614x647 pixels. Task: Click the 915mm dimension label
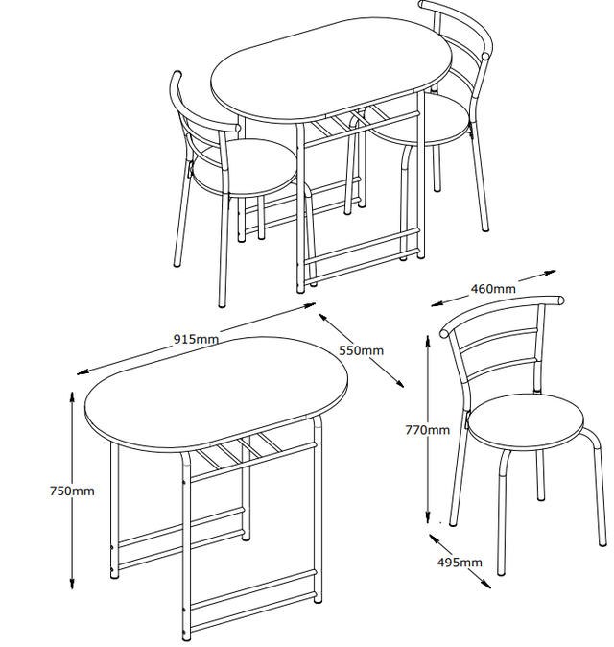[196, 339]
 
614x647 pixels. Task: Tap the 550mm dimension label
[362, 350]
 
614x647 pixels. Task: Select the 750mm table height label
[72, 491]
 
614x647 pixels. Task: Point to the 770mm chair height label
[428, 430]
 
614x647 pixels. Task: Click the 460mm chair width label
[493, 288]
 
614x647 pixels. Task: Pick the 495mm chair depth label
[460, 562]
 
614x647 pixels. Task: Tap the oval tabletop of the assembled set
[331, 71]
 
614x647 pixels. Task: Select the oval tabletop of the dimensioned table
[216, 393]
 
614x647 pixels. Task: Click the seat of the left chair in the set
[245, 168]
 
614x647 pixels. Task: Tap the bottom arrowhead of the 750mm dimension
[72, 583]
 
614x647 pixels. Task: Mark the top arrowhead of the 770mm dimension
[428, 342]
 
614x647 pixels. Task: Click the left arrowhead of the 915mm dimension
[83, 372]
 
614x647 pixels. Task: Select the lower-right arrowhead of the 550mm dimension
[399, 383]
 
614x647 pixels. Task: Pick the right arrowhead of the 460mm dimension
[550, 273]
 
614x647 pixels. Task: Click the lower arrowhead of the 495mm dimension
[486, 584]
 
